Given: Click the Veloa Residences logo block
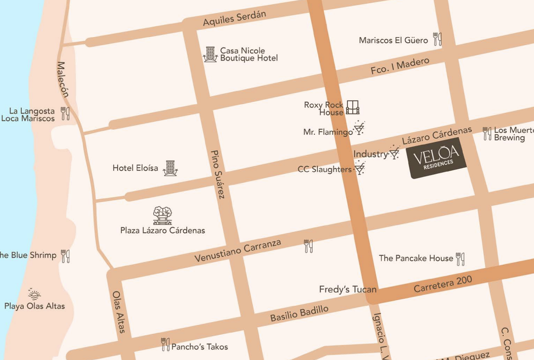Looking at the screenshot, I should (437, 158).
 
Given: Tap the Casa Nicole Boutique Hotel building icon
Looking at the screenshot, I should (210, 54).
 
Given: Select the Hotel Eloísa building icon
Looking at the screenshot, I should (170, 168).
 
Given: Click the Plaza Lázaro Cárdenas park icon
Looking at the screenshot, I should (162, 215).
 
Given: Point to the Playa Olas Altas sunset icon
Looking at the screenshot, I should (34, 294).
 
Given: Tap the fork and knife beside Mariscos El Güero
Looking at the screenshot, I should (437, 39).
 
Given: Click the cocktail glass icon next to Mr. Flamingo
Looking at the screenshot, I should (359, 128).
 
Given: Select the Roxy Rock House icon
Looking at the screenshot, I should (353, 107).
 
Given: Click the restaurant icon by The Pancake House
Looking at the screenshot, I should (460, 259).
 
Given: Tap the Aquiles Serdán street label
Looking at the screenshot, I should (234, 18).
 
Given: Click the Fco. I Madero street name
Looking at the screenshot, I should (400, 66).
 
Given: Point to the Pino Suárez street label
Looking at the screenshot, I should (218, 174).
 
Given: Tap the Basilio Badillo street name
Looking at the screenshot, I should (299, 313).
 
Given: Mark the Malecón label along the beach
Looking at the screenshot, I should (63, 79).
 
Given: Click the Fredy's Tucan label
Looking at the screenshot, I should (347, 289).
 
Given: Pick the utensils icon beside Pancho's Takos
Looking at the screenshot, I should (165, 344).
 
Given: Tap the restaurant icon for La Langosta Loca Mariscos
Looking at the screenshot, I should (65, 114).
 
